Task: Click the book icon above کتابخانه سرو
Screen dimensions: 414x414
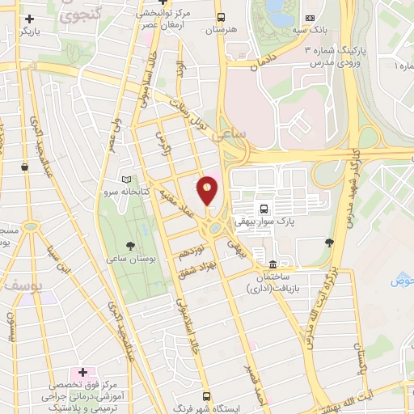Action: pyautogui.click(x=125, y=180)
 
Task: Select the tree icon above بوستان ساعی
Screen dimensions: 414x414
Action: pyautogui.click(x=130, y=245)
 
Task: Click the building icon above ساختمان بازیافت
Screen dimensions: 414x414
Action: pyautogui.click(x=273, y=264)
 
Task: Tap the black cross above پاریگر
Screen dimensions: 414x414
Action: pyautogui.click(x=30, y=18)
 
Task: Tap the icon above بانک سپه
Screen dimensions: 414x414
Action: pyautogui.click(x=310, y=18)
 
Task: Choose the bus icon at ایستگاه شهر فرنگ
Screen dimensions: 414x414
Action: pyautogui.click(x=207, y=396)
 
